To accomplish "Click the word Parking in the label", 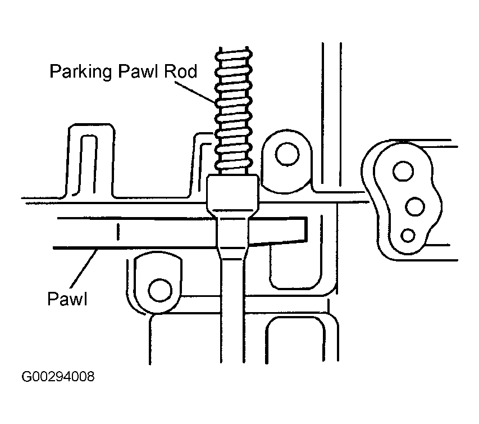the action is tap(81, 72).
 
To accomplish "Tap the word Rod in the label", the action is tap(181, 71).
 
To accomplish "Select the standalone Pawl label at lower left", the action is tap(67, 298).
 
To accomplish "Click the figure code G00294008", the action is tap(58, 377).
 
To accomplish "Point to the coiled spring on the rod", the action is tap(234, 110).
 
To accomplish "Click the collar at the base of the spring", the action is tap(233, 196).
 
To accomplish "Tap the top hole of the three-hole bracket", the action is tap(403, 171).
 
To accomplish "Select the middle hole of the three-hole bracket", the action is tap(415, 206).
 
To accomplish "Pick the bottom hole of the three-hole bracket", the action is tap(408, 235).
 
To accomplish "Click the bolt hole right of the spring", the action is tap(287, 154).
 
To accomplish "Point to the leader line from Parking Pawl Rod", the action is tap(195, 92).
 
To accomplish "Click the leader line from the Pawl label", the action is tap(84, 269).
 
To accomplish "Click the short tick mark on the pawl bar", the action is tap(118, 232).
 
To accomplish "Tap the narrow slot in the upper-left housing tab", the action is tap(88, 165).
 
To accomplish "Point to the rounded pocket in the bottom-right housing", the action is tap(296, 340).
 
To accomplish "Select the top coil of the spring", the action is tap(234, 55).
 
